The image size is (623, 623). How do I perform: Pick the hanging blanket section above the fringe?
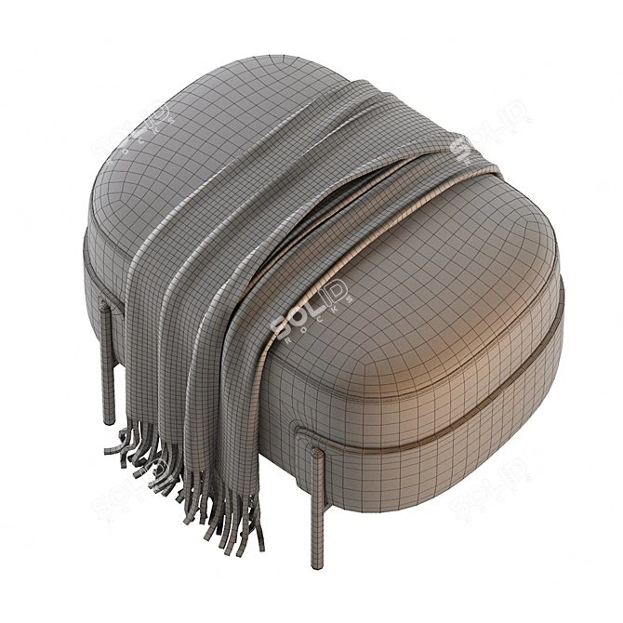167,372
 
